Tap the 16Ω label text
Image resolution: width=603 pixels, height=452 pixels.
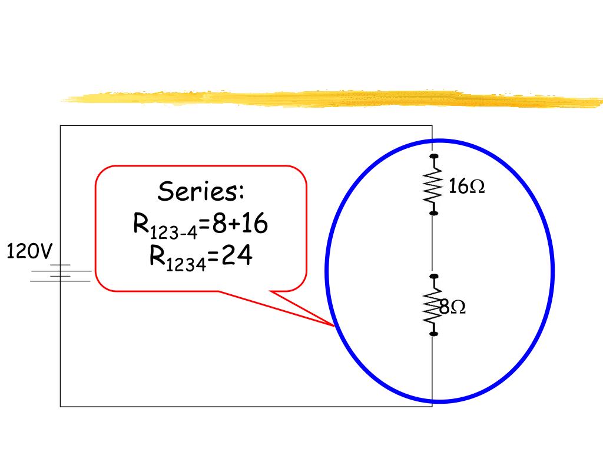[x=466, y=187]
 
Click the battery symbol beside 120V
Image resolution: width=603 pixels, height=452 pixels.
[x=61, y=272]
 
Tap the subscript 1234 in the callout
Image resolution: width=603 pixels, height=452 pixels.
[x=185, y=265]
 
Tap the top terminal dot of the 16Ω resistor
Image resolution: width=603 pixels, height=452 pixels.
[x=434, y=157]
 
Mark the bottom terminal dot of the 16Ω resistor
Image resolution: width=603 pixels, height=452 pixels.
[x=434, y=212]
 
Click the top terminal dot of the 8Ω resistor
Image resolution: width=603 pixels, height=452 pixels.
[x=434, y=275]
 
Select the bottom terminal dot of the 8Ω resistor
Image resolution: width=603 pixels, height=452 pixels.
[x=434, y=334]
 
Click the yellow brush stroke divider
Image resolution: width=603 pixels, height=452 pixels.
[x=330, y=99]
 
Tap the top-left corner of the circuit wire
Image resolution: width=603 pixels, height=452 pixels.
[x=60, y=125]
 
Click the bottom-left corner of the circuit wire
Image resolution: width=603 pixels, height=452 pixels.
[x=60, y=406]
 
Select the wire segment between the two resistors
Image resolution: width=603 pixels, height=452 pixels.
[x=432, y=244]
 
